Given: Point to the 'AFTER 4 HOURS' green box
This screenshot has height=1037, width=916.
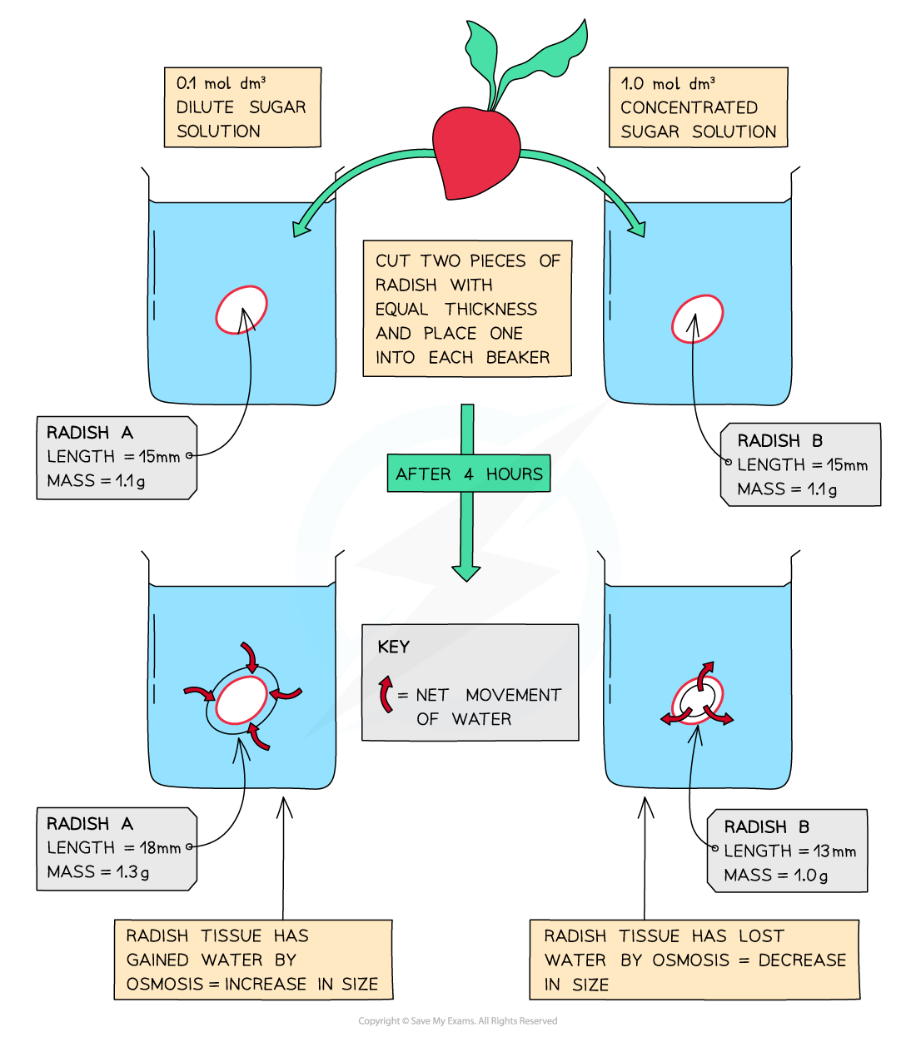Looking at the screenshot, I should click(468, 474).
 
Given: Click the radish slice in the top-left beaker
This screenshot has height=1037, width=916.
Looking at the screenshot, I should click(241, 310).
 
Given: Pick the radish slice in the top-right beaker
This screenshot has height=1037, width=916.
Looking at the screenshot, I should click(697, 319).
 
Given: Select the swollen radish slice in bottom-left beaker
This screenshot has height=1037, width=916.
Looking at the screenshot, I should click(241, 701).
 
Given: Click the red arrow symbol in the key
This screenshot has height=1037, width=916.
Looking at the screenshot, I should click(386, 694).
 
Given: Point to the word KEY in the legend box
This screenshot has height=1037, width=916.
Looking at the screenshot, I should click(393, 648).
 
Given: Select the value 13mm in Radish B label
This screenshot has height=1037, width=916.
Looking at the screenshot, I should click(834, 851).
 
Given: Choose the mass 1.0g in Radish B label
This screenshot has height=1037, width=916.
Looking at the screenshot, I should click(810, 876).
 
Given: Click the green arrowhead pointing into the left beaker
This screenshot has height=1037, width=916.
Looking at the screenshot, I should click(301, 227).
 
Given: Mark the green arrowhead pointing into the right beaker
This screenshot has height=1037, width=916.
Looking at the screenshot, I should click(637, 227).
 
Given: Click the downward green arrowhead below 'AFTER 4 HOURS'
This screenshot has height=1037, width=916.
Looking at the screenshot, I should click(465, 572).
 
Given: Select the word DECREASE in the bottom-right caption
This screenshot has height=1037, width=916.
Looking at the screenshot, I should click(802, 960).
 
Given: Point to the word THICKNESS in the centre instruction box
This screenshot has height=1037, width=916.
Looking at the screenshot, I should click(490, 310).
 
